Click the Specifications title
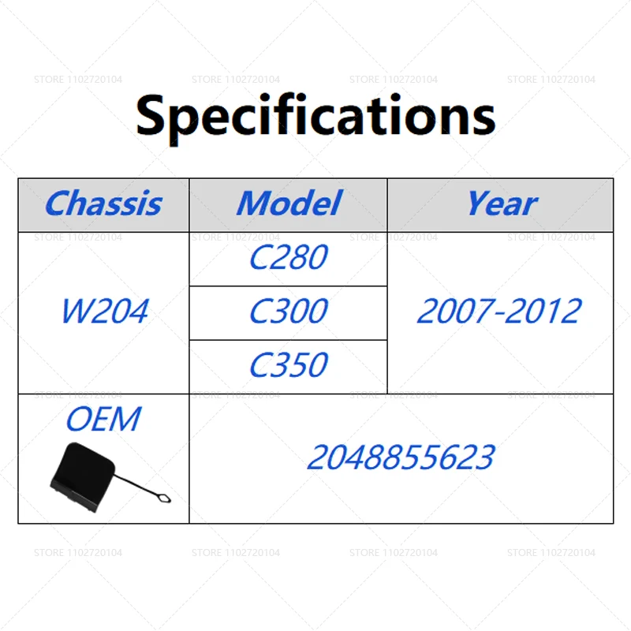315,117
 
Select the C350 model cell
289,365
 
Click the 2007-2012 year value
499,311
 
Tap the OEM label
103,419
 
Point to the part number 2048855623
401,457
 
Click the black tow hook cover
83,476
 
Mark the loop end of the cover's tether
164,498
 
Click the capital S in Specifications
151,115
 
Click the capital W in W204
77,311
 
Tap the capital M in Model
254,203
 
